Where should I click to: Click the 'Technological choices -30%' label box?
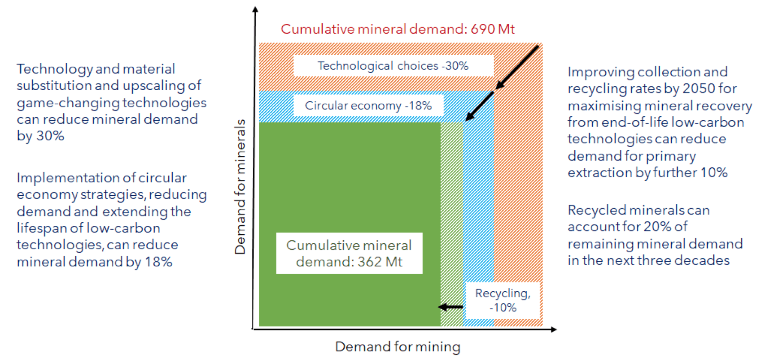click(x=393, y=66)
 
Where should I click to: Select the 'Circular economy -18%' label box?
click(x=368, y=105)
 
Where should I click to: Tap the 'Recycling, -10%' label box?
click(x=503, y=300)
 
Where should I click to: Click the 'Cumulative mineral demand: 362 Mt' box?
click(x=349, y=253)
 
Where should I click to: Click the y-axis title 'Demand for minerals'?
click(x=241, y=186)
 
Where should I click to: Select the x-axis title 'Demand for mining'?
click(x=398, y=347)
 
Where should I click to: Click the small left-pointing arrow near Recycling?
click(x=450, y=307)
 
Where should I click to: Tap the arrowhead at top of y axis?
click(x=255, y=9)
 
